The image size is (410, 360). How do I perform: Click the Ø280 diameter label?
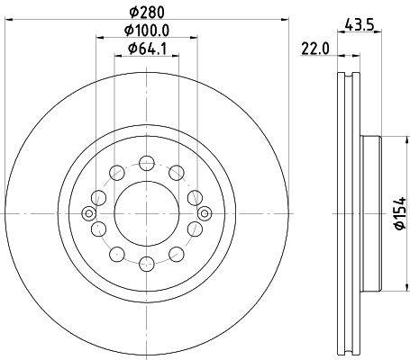coord(147,13)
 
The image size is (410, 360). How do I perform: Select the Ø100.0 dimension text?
coord(147,31)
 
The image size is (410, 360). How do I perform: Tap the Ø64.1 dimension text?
coord(147,49)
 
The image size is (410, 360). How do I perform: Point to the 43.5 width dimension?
coord(360,24)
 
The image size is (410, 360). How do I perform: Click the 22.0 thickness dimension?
coord(315,49)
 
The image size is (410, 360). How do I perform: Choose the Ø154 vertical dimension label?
coord(400,213)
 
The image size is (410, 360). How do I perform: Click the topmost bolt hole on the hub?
coord(147,163)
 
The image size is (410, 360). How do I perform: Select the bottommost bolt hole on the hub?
coord(147,264)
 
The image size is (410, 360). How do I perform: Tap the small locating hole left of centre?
coord(89,213)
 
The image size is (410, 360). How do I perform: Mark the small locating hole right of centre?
coord(205,213)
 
